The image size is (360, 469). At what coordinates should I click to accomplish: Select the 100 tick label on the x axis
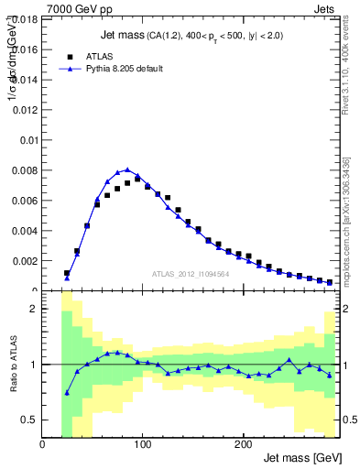(x=143, y=444)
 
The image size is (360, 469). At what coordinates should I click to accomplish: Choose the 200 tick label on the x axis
(x=243, y=444)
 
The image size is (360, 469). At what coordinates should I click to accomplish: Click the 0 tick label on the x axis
(x=42, y=444)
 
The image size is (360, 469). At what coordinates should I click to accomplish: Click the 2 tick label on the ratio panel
(x=35, y=309)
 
